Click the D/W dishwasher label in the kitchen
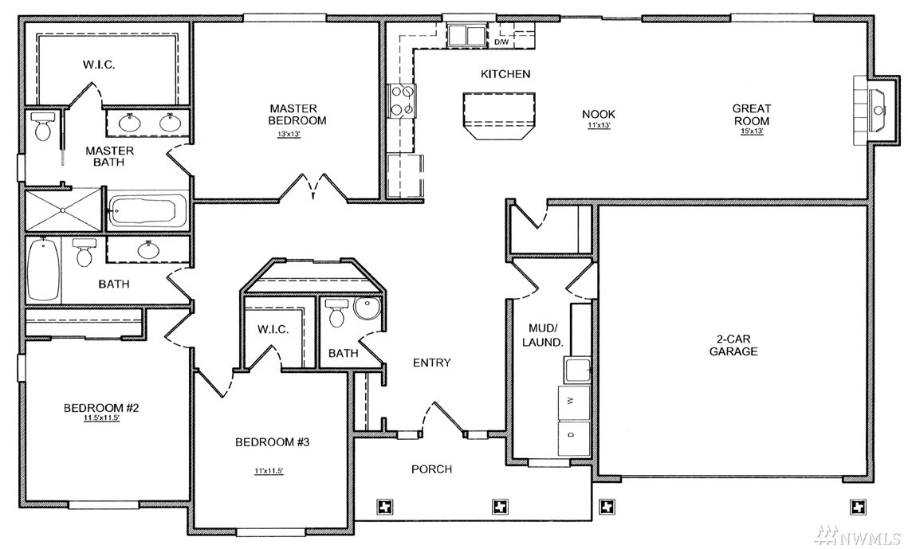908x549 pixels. point(501,42)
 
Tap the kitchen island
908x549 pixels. point(499,114)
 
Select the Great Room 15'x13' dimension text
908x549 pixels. point(752,131)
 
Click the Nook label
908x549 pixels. point(599,115)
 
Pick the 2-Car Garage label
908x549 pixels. point(733,345)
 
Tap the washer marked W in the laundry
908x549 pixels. point(574,402)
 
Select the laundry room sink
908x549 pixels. point(578,370)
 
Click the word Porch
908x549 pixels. point(431,469)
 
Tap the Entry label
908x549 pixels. point(431,363)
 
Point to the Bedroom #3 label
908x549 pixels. point(272,442)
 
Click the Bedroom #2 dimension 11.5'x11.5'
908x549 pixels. point(101,418)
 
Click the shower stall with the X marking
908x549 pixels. point(63,210)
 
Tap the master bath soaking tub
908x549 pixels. point(147,211)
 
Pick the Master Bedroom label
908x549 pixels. point(297,115)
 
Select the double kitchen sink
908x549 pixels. point(466,35)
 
